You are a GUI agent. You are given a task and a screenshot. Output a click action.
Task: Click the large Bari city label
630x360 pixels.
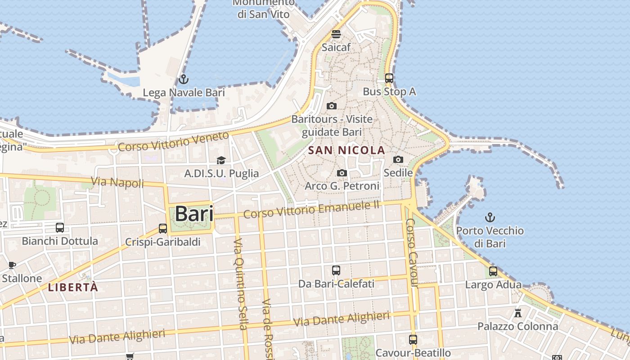coord(194,213)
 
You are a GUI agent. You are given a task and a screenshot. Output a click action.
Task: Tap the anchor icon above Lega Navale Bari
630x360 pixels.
coord(183,80)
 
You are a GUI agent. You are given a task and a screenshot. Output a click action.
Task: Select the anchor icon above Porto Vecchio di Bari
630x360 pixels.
coord(490,218)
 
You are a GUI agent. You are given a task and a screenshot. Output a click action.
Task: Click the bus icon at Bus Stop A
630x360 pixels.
coord(389,78)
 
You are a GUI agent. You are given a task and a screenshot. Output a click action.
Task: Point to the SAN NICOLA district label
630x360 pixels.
coord(347,150)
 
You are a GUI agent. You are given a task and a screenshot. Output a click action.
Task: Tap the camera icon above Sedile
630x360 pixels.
coord(398,160)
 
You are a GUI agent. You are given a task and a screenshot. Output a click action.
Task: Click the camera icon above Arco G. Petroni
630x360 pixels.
coord(342,173)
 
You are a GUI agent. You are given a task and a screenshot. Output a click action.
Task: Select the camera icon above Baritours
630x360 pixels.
coord(332,106)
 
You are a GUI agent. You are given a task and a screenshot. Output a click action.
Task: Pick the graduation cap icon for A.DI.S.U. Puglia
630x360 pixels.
coord(221,161)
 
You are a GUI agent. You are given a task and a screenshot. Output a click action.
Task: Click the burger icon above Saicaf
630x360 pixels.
coord(336,34)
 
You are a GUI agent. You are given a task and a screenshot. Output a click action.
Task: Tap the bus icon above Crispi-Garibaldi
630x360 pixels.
coord(163,229)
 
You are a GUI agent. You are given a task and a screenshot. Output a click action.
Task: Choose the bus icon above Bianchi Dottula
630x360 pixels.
coord(60,228)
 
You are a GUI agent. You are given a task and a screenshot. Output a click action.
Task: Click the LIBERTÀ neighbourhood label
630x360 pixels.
coord(73,288)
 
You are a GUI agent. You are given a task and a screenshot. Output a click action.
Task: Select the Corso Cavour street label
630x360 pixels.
coord(411,253)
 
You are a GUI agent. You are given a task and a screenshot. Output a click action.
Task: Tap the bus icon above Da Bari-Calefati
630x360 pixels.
coord(336,270)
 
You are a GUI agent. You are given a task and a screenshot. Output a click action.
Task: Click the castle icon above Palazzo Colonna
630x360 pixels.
coord(518,313)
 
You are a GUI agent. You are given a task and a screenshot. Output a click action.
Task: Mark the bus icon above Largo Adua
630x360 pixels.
coord(493,271)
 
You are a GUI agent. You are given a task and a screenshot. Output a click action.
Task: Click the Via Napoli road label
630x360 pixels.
coord(117,182)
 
